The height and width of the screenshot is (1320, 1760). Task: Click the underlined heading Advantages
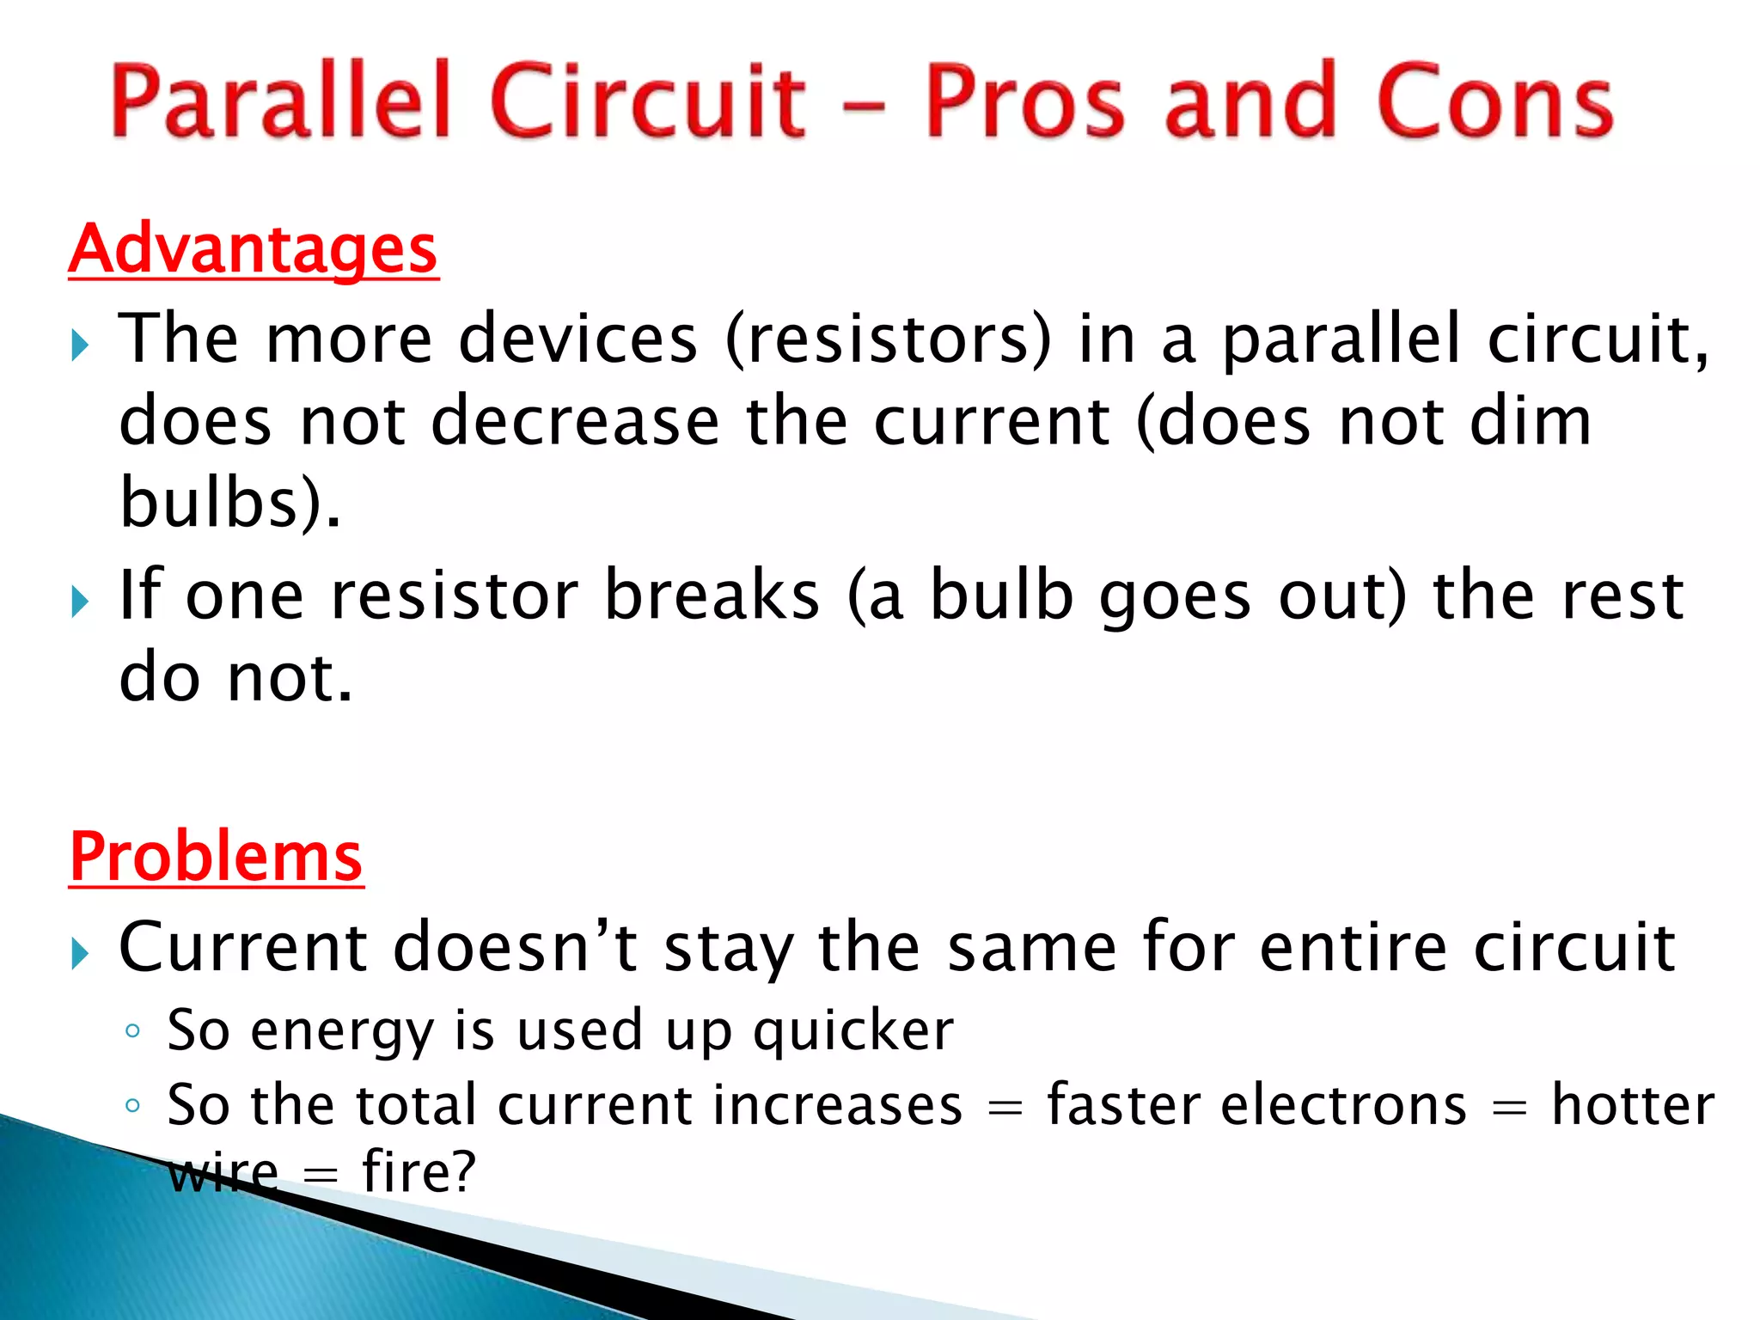[x=253, y=249]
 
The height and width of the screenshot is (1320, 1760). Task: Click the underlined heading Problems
[x=216, y=857]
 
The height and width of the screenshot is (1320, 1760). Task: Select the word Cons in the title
[x=1494, y=101]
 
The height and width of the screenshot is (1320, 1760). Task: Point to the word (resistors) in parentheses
[x=889, y=339]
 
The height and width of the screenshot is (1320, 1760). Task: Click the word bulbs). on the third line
[x=230, y=502]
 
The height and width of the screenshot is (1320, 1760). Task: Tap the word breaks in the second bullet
[x=712, y=595]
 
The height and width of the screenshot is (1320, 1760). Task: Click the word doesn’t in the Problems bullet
[x=515, y=947]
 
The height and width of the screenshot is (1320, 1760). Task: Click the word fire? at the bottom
[x=419, y=1171]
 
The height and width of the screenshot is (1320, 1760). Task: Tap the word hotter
[x=1633, y=1105]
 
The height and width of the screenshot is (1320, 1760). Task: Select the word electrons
[x=1343, y=1105]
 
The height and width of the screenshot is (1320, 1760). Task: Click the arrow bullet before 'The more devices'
[x=80, y=346]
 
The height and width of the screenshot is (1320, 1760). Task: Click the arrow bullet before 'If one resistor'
[x=80, y=602]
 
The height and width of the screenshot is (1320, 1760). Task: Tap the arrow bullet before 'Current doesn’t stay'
[x=80, y=954]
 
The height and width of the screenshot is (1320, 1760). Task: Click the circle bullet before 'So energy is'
[x=132, y=1030]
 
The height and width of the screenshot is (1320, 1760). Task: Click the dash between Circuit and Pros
[x=864, y=108]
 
